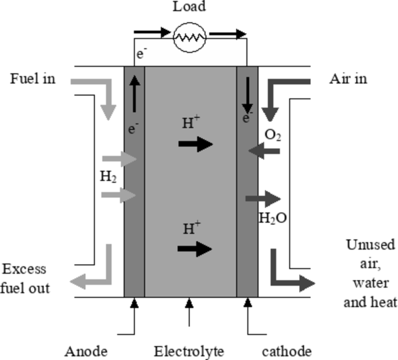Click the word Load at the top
[x=189, y=8]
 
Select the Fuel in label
[x=33, y=78]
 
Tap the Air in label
[x=348, y=78]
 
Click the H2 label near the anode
[x=107, y=177]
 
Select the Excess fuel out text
[x=26, y=279]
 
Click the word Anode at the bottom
[x=85, y=351]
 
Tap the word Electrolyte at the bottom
[x=189, y=351]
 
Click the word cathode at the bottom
[x=286, y=351]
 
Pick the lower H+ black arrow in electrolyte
[x=195, y=250]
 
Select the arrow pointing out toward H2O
[x=263, y=199]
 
